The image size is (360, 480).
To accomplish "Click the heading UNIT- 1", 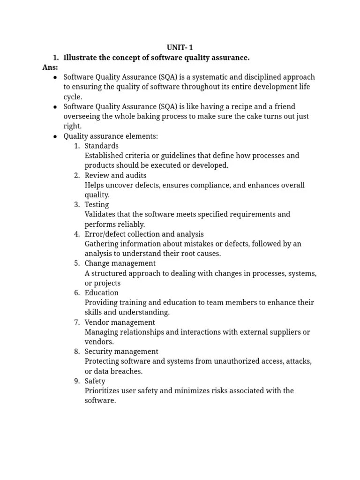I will tap(180, 47).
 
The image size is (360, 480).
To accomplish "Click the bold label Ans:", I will tap(50, 67).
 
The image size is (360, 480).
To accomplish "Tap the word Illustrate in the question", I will tap(80, 57).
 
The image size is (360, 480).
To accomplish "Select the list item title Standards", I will tap(101, 146).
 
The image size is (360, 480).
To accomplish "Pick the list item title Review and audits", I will tap(115, 175).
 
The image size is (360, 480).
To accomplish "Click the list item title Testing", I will tap(97, 204).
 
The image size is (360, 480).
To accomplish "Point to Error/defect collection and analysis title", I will tap(144, 234).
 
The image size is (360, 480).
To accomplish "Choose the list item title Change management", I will tap(120, 263).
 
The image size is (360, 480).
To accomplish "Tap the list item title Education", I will tap(101, 293).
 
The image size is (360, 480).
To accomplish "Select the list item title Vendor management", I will tap(120, 322).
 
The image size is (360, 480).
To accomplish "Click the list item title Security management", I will tap(121, 352).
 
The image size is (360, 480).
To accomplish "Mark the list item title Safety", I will tap(95, 381).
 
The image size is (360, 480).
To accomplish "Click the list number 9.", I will tap(76, 381).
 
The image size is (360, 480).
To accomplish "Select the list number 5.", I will tap(76, 263).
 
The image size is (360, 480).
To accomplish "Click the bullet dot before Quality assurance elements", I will tap(55, 136).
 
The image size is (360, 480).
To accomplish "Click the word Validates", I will tap(100, 214).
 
